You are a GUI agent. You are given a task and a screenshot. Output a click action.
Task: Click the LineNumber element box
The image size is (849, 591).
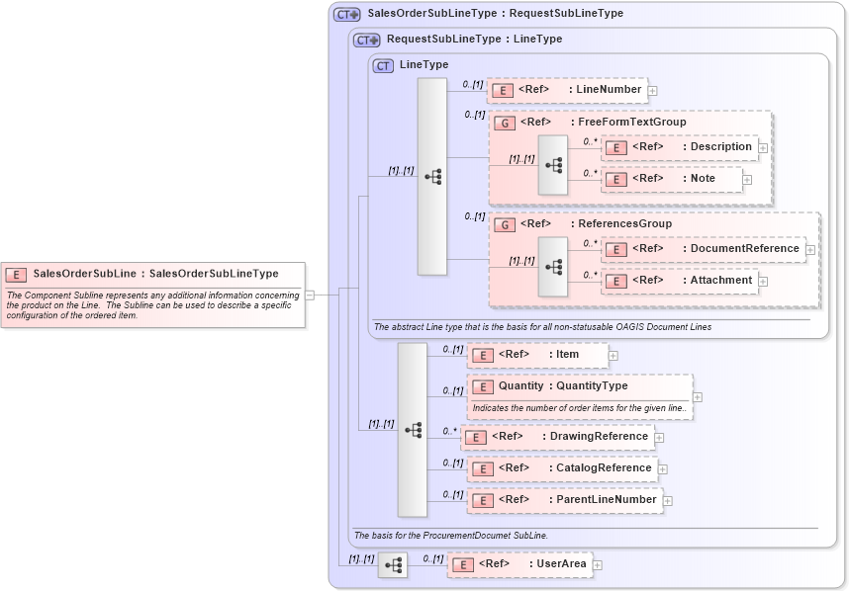pyautogui.click(x=567, y=90)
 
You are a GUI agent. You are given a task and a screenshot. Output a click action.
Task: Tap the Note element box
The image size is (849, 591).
pyautogui.click(x=673, y=179)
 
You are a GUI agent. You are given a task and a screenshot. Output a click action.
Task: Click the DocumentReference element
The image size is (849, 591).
pyautogui.click(x=704, y=249)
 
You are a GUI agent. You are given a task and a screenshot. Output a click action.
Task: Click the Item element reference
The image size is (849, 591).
pyautogui.click(x=538, y=354)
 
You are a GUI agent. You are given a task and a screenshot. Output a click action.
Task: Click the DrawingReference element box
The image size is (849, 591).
pyautogui.click(x=560, y=437)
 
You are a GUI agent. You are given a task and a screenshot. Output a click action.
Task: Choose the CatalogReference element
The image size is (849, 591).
pyautogui.click(x=562, y=468)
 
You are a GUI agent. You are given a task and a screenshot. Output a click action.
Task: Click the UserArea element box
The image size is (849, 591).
pyautogui.click(x=519, y=564)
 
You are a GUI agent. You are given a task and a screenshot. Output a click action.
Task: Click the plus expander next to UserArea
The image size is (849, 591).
pyautogui.click(x=597, y=565)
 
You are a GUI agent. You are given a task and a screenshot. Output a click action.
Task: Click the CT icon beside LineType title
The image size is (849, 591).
pyautogui.click(x=383, y=65)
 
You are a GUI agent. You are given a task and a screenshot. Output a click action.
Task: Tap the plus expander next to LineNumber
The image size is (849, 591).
pyautogui.click(x=652, y=91)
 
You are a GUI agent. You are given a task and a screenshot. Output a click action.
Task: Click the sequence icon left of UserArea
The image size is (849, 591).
pyautogui.click(x=393, y=565)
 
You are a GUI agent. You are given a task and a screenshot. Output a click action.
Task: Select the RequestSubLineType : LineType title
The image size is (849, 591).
pyautogui.click(x=474, y=40)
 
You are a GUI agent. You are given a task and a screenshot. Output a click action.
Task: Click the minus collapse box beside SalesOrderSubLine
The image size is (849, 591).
pyautogui.click(x=310, y=294)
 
